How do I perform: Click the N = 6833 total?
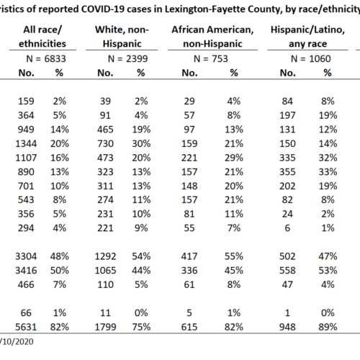point(46,58)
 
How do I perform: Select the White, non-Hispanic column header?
point(122,37)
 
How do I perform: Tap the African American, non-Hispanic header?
point(212,37)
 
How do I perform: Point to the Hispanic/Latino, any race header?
point(307,37)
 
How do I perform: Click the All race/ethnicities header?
point(42,37)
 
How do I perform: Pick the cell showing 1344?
point(26,143)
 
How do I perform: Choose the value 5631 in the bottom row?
point(26,327)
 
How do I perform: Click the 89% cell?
point(328,327)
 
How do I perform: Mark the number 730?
point(105,143)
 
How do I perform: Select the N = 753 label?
point(211,58)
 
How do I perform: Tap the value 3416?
point(26,271)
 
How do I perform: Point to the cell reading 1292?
point(105,256)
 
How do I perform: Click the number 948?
point(287,327)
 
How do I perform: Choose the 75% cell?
point(141,327)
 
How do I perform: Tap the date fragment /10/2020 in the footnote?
point(17,341)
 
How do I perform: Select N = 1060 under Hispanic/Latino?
point(311,58)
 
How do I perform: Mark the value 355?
point(287,172)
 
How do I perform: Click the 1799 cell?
point(105,327)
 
